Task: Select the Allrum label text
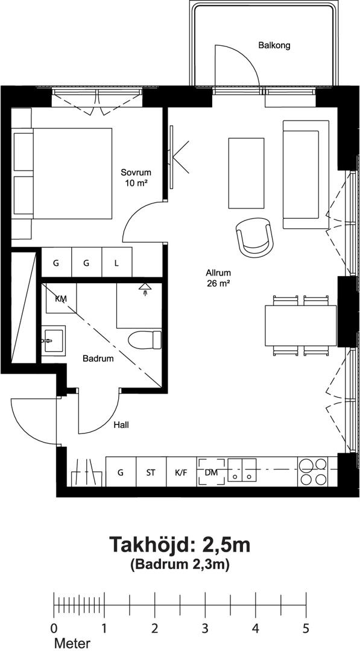[218, 273]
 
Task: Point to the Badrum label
[98, 359]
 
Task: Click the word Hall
[121, 425]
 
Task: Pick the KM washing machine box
[61, 298]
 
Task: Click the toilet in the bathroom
[145, 339]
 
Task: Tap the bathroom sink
[53, 341]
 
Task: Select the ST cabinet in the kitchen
[151, 472]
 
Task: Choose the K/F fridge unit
[182, 472]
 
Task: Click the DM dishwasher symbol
[212, 472]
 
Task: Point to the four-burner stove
[313, 471]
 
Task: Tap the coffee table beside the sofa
[246, 173]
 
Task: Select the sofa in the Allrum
[306, 174]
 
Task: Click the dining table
[301, 325]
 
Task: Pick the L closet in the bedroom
[117, 262]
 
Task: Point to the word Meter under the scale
[72, 644]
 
